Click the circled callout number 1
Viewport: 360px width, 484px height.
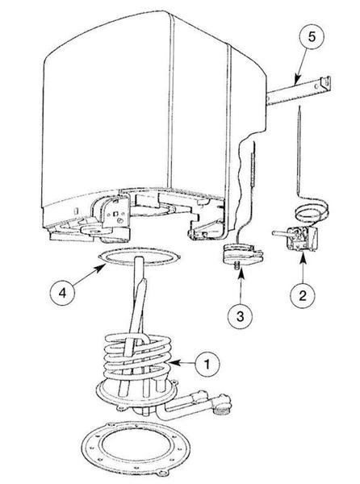(207, 364)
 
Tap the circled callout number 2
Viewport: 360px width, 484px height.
(303, 295)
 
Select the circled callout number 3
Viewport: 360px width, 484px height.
(240, 316)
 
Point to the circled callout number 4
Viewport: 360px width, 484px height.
(62, 293)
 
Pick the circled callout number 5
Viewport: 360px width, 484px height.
(312, 37)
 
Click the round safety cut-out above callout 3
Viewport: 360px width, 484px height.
(243, 252)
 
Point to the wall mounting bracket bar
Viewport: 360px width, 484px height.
(298, 90)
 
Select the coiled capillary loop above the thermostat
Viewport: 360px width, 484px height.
(312, 213)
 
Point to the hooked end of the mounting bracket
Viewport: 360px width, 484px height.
(326, 83)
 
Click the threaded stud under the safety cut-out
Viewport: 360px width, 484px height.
(238, 265)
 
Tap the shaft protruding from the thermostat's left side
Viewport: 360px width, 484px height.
(280, 234)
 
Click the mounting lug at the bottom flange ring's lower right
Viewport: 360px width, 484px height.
(163, 474)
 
